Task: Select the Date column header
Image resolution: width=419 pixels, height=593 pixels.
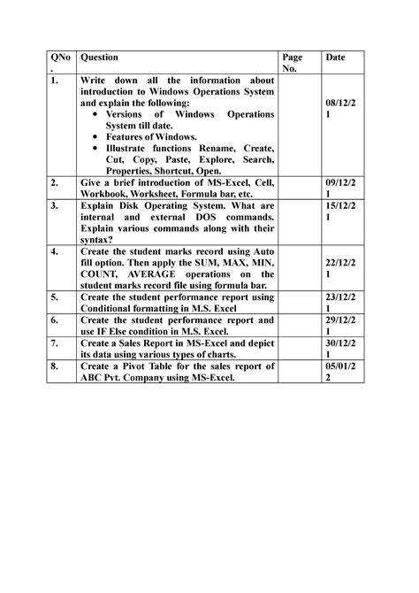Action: pyautogui.click(x=335, y=57)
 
